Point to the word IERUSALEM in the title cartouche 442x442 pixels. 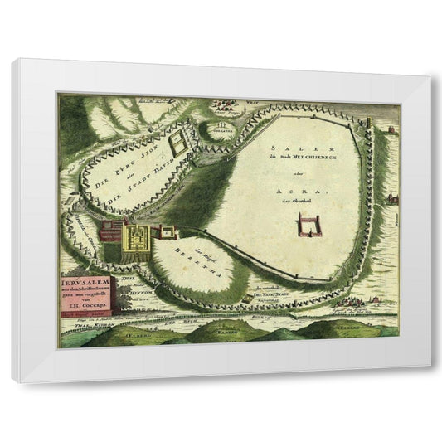pyautogui.click(x=87, y=281)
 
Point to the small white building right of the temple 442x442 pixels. pyautogui.click(x=165, y=231)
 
